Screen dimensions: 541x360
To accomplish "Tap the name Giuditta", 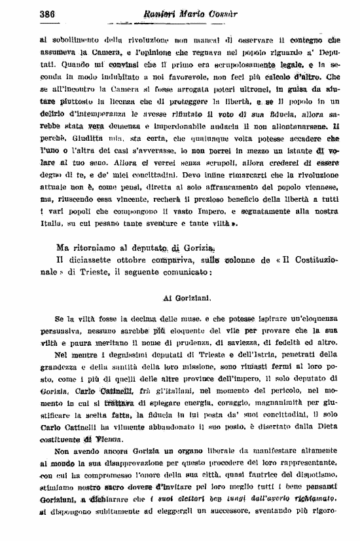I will tap(82, 140).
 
